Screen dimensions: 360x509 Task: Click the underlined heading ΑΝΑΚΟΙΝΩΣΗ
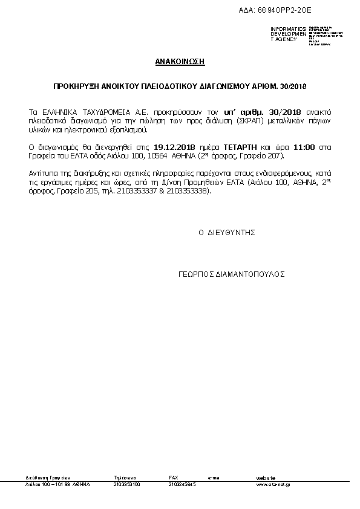[180, 62]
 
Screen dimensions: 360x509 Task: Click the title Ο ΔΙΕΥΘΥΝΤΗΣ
[227, 232]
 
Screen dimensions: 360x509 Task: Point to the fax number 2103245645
[182, 484]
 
